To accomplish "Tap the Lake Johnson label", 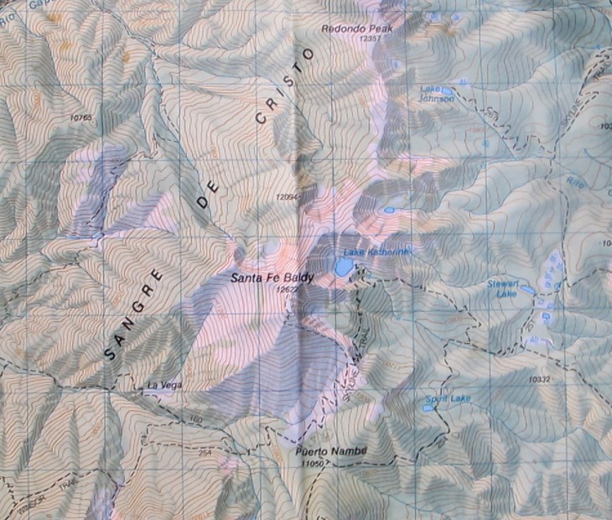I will click(x=437, y=93).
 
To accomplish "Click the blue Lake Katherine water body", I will click(x=344, y=268).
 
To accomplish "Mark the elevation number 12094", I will click(x=287, y=196).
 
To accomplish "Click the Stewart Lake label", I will click(x=504, y=289).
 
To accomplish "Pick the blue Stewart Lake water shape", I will click(x=527, y=291).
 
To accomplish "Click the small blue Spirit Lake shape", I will click(x=428, y=408).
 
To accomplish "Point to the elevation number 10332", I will click(x=540, y=380).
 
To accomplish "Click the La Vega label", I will click(x=163, y=386).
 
